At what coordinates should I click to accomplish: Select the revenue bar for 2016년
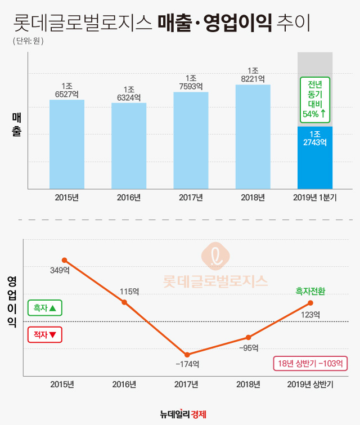click(128, 146)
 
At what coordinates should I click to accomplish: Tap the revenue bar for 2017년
click(191, 140)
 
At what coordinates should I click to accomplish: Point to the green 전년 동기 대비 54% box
click(314, 99)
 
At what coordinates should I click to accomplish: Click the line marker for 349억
click(65, 260)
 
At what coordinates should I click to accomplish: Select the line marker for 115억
click(125, 302)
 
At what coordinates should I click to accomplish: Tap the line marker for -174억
click(187, 355)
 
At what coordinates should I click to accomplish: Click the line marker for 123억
click(310, 303)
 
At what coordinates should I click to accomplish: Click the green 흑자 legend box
click(45, 308)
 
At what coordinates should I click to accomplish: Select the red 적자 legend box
click(45, 335)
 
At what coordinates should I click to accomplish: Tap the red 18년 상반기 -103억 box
click(310, 364)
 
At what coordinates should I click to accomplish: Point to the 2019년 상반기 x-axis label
click(310, 385)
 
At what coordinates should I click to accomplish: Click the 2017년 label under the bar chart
click(191, 198)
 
